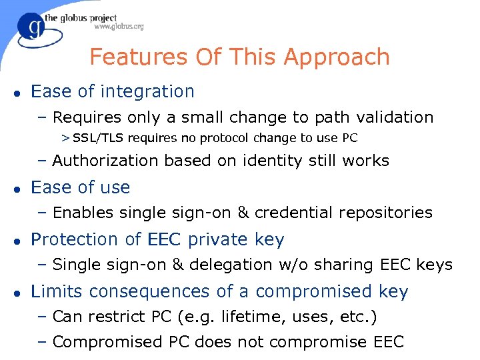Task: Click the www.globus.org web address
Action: pos(119,27)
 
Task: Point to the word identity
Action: pos(284,161)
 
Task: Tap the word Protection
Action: pos(74,239)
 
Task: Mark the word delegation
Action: pos(223,265)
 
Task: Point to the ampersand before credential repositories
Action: pos(243,213)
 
